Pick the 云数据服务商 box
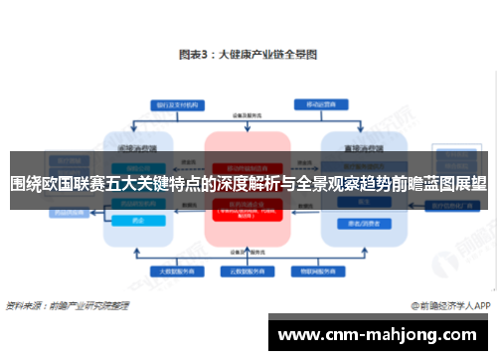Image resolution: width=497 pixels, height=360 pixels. tap(246, 269)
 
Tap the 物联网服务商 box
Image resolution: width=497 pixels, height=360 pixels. tap(317, 269)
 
